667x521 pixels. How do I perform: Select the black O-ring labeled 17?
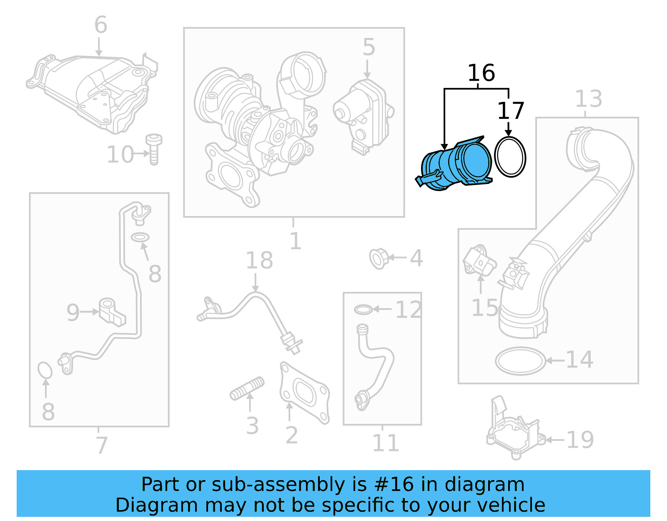(510, 157)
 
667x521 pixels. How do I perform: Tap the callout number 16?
(481, 73)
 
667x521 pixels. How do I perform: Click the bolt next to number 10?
(153, 150)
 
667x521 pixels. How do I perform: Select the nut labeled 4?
(379, 258)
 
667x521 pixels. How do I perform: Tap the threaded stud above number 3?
(247, 388)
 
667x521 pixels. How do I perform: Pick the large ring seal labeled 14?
(520, 361)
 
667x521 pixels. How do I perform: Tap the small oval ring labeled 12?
(363, 310)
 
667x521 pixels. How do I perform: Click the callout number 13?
(589, 99)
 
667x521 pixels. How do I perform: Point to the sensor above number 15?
(479, 261)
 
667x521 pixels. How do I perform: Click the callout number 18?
(259, 261)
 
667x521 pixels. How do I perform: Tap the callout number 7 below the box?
(101, 445)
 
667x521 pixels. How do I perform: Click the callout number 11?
(385, 443)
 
